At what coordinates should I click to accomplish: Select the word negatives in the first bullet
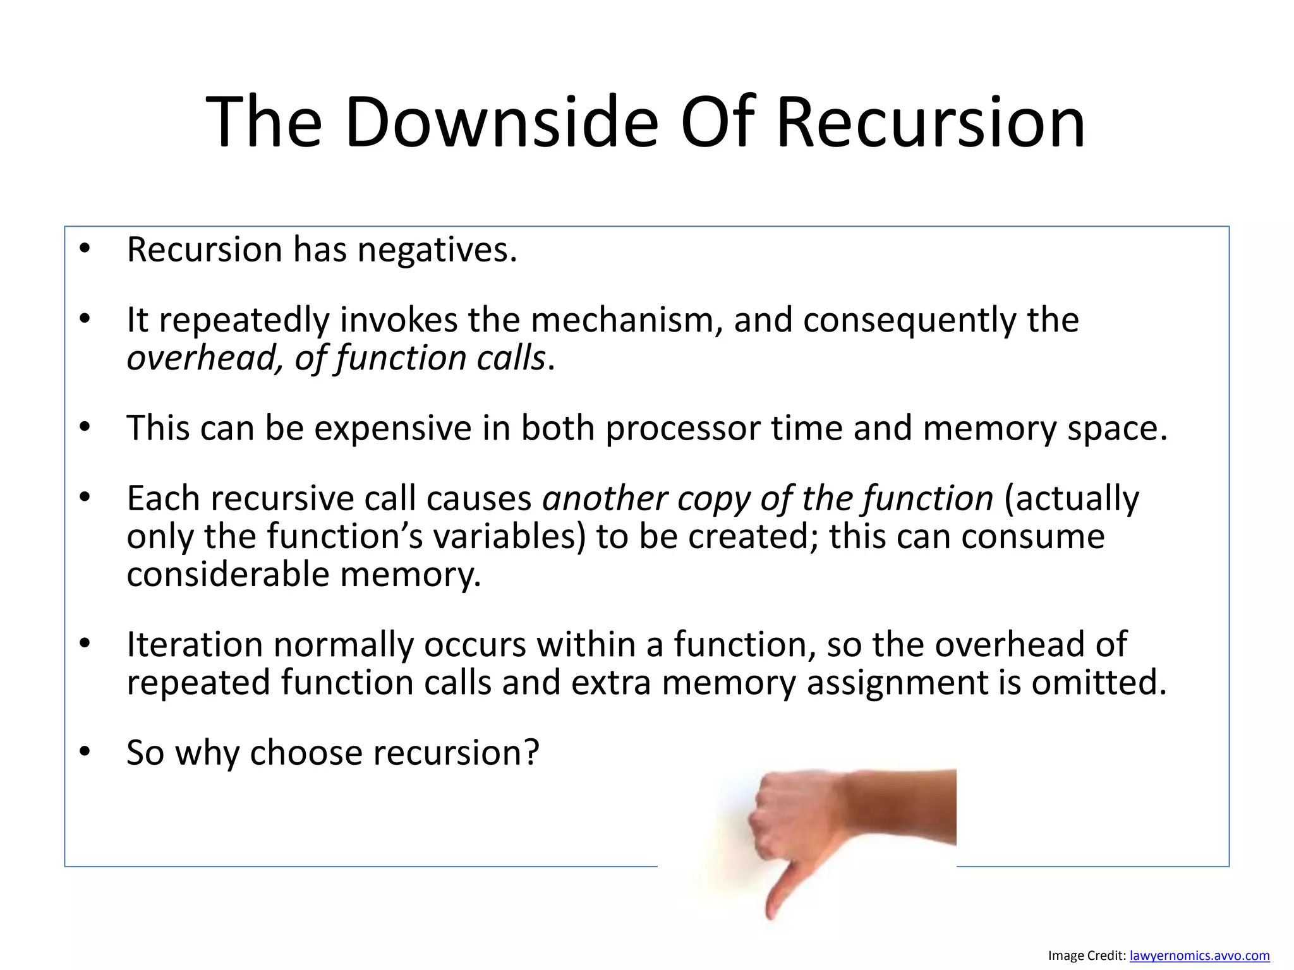click(x=437, y=250)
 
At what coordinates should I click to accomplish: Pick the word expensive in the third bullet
click(x=393, y=428)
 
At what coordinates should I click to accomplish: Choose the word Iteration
click(x=195, y=645)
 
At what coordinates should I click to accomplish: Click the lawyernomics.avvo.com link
click(x=1199, y=955)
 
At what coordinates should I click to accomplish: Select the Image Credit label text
click(x=1087, y=955)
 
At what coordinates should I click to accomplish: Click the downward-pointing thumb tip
click(x=771, y=913)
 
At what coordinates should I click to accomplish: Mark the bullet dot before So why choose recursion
click(x=85, y=752)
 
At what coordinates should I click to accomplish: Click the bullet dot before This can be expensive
click(x=85, y=428)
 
